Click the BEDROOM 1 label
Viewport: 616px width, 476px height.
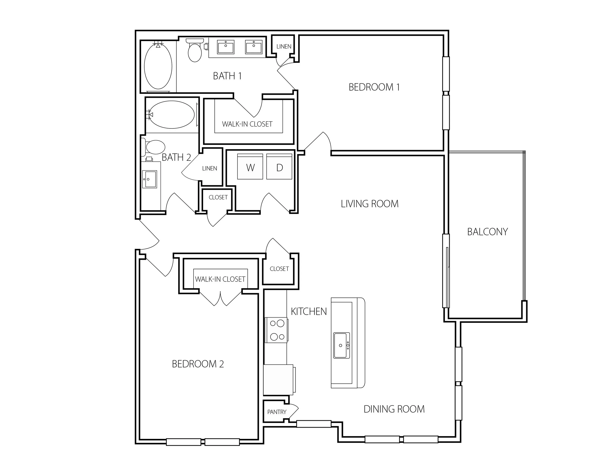374,87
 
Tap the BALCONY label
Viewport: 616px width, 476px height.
487,232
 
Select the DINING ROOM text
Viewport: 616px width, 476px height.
394,409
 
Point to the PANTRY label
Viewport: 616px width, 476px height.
277,412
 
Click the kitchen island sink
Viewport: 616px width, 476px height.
342,346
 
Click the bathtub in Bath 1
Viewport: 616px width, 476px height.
158,67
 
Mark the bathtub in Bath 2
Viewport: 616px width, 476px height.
171,114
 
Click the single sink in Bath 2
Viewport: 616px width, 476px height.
149,179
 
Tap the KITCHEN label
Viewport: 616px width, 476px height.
309,312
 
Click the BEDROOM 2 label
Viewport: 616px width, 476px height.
198,364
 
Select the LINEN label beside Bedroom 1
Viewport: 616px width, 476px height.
284,46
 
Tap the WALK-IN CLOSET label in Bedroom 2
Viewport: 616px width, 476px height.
220,279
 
